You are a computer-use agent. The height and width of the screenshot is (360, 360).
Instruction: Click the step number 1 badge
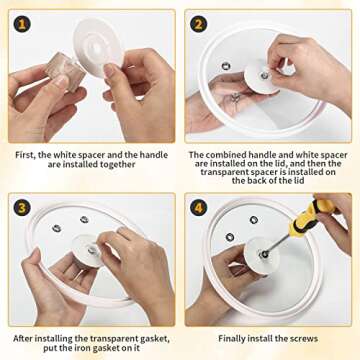[22, 24]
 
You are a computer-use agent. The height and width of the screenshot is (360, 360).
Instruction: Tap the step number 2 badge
[198, 24]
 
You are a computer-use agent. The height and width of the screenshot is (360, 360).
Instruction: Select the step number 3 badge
[22, 208]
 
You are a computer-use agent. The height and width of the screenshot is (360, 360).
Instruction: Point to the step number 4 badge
[198, 208]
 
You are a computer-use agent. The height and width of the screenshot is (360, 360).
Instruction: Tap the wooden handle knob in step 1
[65, 71]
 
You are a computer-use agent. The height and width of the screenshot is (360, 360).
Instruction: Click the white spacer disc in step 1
[98, 48]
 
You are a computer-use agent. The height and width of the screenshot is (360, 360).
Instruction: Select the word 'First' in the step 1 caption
[25, 155]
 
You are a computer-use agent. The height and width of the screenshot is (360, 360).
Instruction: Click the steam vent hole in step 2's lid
[226, 66]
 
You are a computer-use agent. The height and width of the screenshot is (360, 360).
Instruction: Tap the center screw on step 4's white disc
[264, 254]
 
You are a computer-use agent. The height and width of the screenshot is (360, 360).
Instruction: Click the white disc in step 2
[262, 77]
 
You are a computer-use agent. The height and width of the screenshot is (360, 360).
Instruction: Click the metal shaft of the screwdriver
[279, 243]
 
